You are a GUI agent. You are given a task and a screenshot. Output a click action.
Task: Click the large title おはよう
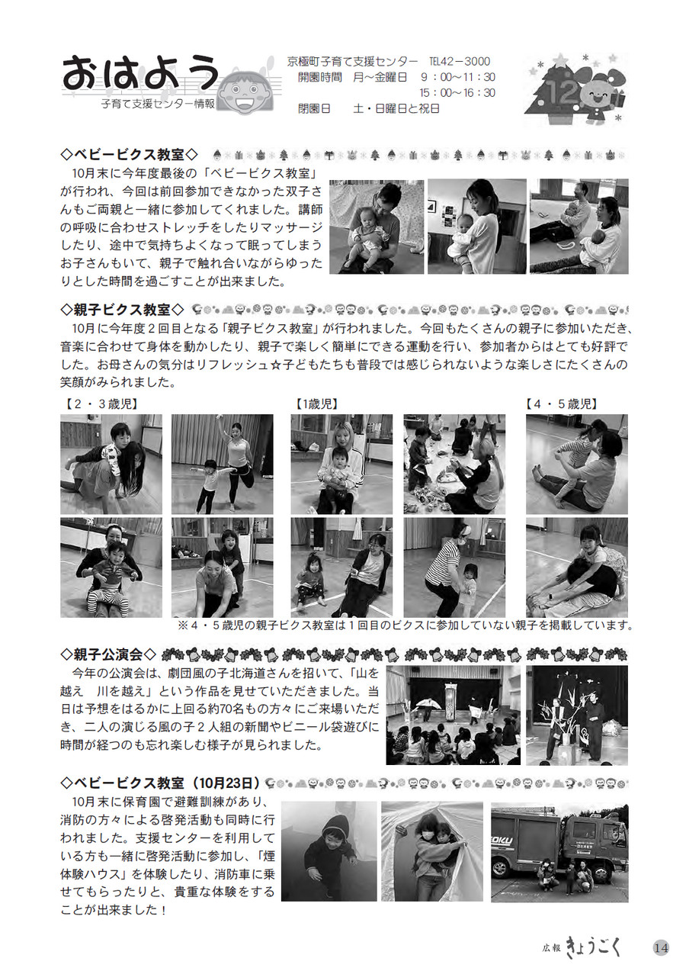pos(140,72)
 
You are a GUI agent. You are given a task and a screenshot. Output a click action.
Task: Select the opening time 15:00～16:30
pos(457,93)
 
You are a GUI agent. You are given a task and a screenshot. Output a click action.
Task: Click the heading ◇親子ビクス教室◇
pos(123,310)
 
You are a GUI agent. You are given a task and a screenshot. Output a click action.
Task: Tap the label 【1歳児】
pos(317,404)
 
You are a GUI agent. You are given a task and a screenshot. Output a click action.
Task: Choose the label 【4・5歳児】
pos(563,404)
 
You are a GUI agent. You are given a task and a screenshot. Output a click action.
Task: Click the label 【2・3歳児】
pos(101,404)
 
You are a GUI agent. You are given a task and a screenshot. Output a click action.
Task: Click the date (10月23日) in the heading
pos(223,783)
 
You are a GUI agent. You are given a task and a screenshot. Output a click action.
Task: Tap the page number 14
pos(661,947)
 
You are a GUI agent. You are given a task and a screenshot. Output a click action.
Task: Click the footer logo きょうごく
pos(595,947)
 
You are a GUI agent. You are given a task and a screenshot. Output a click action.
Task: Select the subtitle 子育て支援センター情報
pos(158,104)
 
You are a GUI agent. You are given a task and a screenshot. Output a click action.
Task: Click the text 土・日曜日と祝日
pos(396,108)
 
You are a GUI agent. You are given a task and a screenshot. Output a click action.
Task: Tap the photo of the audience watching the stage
pos(453,715)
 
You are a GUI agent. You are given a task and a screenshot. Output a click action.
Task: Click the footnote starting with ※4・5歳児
pos(406,625)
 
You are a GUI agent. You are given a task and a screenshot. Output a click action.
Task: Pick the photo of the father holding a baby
pos(377,227)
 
